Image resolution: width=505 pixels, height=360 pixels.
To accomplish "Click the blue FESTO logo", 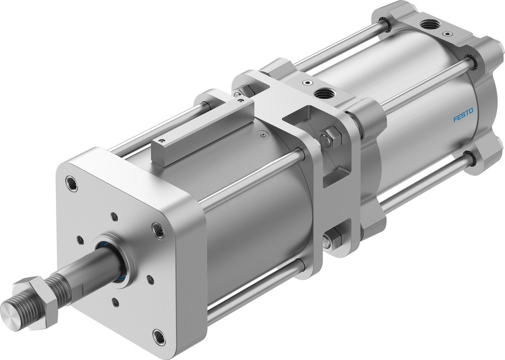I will [463, 115].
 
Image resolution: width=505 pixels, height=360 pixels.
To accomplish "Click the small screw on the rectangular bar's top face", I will [162, 142].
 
